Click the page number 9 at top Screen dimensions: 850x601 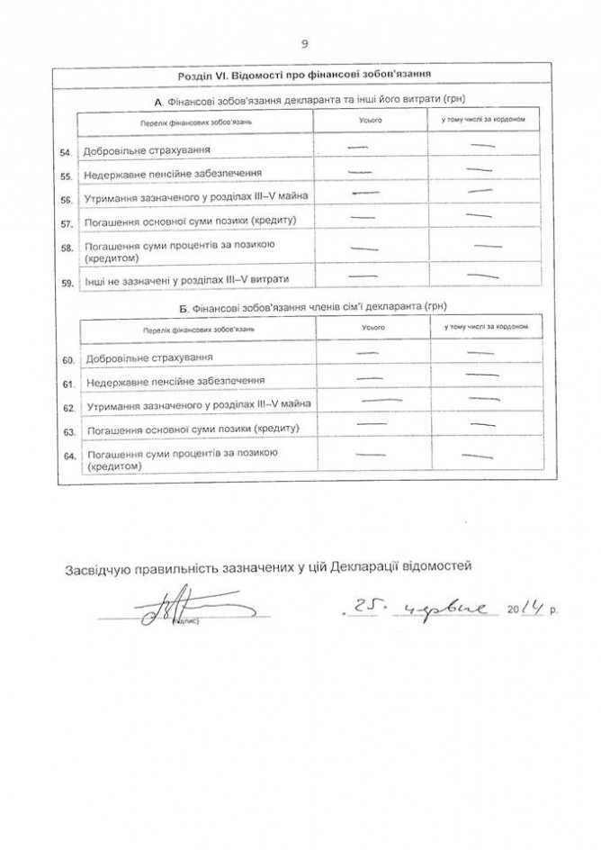tap(305, 42)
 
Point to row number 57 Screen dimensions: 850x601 tap(65, 221)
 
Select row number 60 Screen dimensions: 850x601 tap(65, 359)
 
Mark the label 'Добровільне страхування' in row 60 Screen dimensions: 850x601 tap(142, 359)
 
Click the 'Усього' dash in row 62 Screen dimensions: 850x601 tap(381, 400)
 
